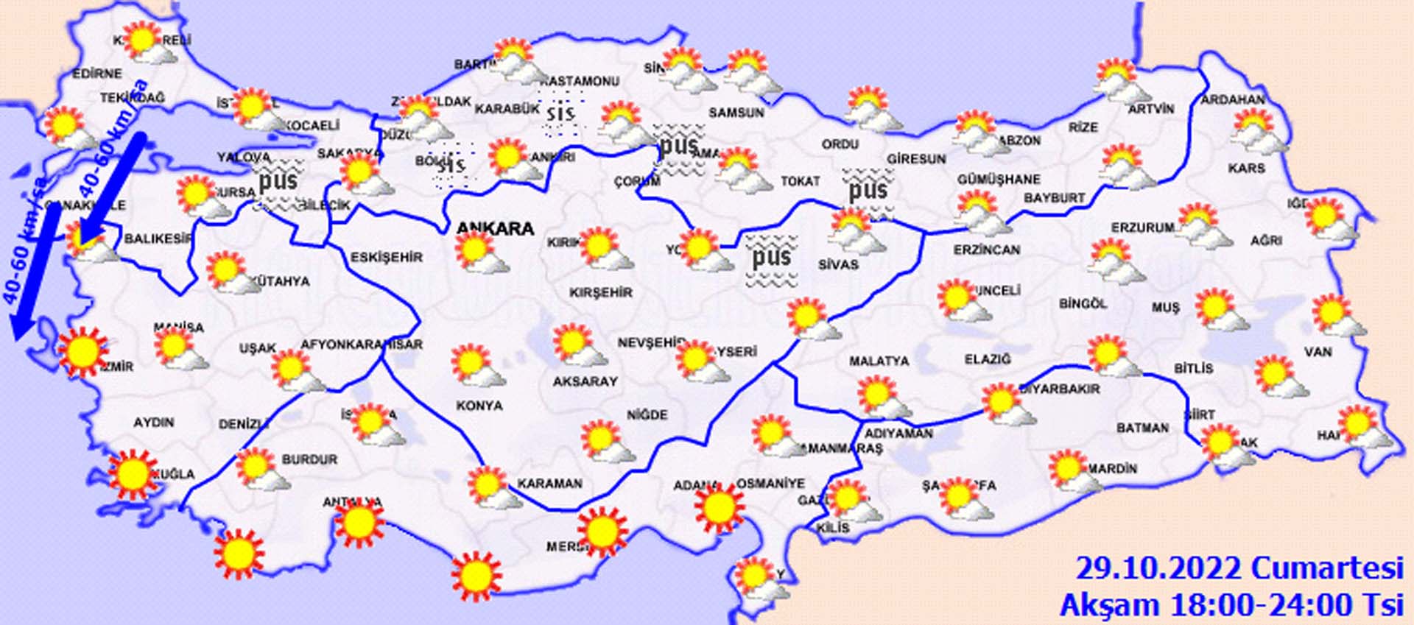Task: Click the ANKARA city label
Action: pos(495,228)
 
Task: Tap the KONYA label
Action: pos(479,406)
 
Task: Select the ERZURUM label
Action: pos(1142,228)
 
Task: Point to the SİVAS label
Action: pos(838,264)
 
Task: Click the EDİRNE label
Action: pos(96,74)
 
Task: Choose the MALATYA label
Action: pos(879,361)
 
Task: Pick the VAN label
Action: pos(1318,352)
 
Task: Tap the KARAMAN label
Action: pos(549,484)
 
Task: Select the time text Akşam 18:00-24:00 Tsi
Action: pos(1231,604)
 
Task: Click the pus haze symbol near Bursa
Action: pos(278,181)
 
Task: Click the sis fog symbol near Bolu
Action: pos(451,164)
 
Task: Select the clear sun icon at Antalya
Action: pos(359,523)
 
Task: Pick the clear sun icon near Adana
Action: pos(719,507)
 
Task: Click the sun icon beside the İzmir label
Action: pos(82,352)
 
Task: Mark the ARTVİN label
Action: pos(1151,109)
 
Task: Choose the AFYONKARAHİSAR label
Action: pos(361,345)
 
